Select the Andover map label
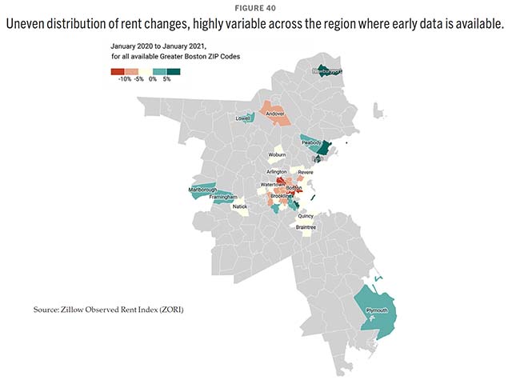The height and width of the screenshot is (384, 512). pos(275,114)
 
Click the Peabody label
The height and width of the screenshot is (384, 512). pos(311,142)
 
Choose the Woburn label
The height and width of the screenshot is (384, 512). pos(277,154)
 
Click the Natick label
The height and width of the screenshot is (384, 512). pos(240,206)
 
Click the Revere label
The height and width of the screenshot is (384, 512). pos(305,172)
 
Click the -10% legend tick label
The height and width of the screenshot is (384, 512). pos(124,79)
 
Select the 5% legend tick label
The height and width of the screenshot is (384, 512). pos(166,79)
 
